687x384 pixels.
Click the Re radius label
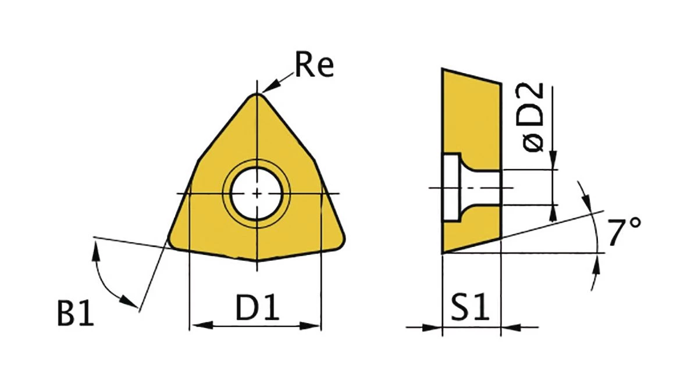click(x=314, y=64)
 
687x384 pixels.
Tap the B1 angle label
click(x=76, y=313)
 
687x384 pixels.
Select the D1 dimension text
click(x=257, y=307)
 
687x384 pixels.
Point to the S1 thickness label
click(x=469, y=307)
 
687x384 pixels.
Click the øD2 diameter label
click(x=533, y=117)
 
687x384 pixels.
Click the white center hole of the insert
click(x=257, y=193)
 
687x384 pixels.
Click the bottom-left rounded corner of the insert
click(x=173, y=243)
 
